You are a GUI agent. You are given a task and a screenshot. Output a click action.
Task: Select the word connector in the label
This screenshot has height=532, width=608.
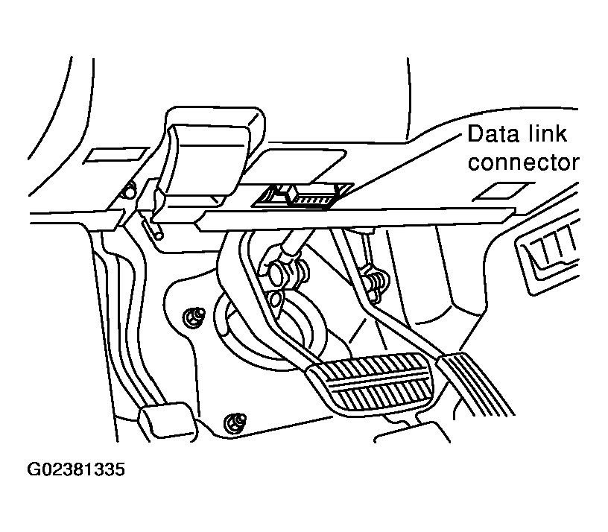click(x=523, y=162)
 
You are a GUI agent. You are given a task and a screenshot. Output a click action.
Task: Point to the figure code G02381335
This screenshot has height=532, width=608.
click(x=77, y=470)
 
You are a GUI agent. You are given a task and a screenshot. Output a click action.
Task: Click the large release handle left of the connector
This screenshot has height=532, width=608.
click(x=199, y=160)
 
